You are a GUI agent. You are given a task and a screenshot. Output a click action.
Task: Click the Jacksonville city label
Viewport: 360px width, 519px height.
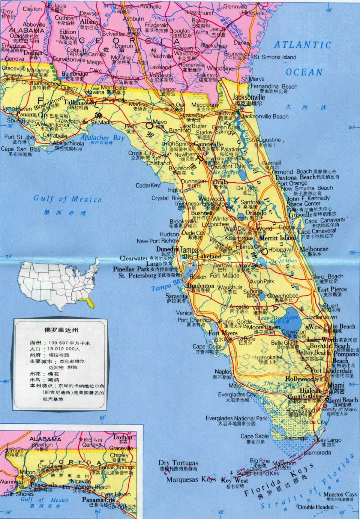tap(248, 97)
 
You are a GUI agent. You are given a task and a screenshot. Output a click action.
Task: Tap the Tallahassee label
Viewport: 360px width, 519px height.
tap(79, 102)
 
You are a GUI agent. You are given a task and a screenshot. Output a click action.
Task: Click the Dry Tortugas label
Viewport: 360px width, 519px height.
tap(178, 463)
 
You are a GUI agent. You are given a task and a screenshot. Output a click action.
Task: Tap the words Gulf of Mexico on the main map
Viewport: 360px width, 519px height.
tap(67, 199)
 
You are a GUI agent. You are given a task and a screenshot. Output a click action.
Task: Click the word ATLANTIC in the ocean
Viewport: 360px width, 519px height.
tap(303, 45)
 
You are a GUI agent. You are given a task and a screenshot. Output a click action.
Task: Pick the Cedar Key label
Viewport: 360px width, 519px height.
tap(148, 185)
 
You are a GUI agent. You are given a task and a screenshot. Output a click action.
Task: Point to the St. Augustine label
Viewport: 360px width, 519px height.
tap(264, 140)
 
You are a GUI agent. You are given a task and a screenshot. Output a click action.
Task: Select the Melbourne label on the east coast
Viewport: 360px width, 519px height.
tap(314, 249)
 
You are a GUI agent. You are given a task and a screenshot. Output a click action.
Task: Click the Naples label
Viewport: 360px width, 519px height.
tap(223, 372)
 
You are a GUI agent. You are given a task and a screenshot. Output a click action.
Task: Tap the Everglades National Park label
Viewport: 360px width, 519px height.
tap(236, 418)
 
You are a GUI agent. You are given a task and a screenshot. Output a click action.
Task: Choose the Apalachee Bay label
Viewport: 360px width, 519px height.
tap(102, 138)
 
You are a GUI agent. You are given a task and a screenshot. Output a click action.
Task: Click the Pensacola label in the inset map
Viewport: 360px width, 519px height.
tap(43, 485)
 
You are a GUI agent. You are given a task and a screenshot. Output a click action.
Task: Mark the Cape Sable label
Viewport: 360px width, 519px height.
tap(255, 436)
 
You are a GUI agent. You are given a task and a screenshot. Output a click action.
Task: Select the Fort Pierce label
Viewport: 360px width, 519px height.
tap(332, 289)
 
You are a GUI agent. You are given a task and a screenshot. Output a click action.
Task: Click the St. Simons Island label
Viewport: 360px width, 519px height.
tap(275, 57)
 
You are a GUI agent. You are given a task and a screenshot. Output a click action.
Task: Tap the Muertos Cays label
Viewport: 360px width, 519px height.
tap(340, 495)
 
